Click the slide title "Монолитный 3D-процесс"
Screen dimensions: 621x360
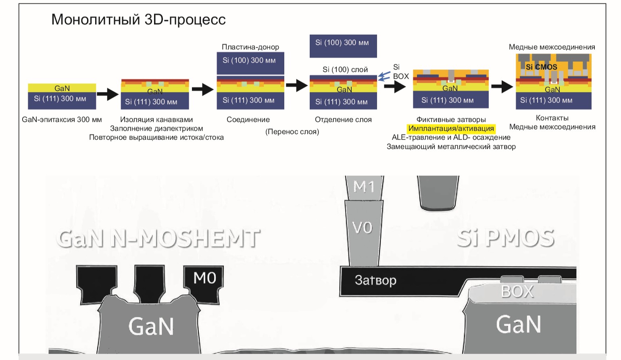(139, 19)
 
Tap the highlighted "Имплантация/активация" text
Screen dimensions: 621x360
(451, 129)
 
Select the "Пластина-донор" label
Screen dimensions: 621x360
(250, 47)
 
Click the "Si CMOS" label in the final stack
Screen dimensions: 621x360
(542, 67)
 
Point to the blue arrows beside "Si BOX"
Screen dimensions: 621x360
(384, 76)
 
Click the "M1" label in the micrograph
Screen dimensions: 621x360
(364, 186)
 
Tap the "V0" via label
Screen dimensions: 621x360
(363, 227)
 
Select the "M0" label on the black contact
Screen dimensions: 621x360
(204, 278)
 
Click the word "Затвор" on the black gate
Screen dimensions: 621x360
(376, 280)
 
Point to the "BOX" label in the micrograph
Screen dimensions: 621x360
(517, 291)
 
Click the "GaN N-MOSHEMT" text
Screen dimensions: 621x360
(158, 238)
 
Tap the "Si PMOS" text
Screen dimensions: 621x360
(505, 238)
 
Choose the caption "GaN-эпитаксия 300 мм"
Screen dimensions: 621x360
(62, 119)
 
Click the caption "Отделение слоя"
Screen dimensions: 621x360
(343, 119)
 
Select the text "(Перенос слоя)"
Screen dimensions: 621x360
(292, 132)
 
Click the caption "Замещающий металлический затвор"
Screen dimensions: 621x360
(451, 147)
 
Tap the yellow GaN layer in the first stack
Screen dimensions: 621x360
(62, 88)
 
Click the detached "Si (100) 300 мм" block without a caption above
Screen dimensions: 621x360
(343, 46)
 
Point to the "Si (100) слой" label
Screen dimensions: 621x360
(345, 70)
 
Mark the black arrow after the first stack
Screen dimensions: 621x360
(108, 94)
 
